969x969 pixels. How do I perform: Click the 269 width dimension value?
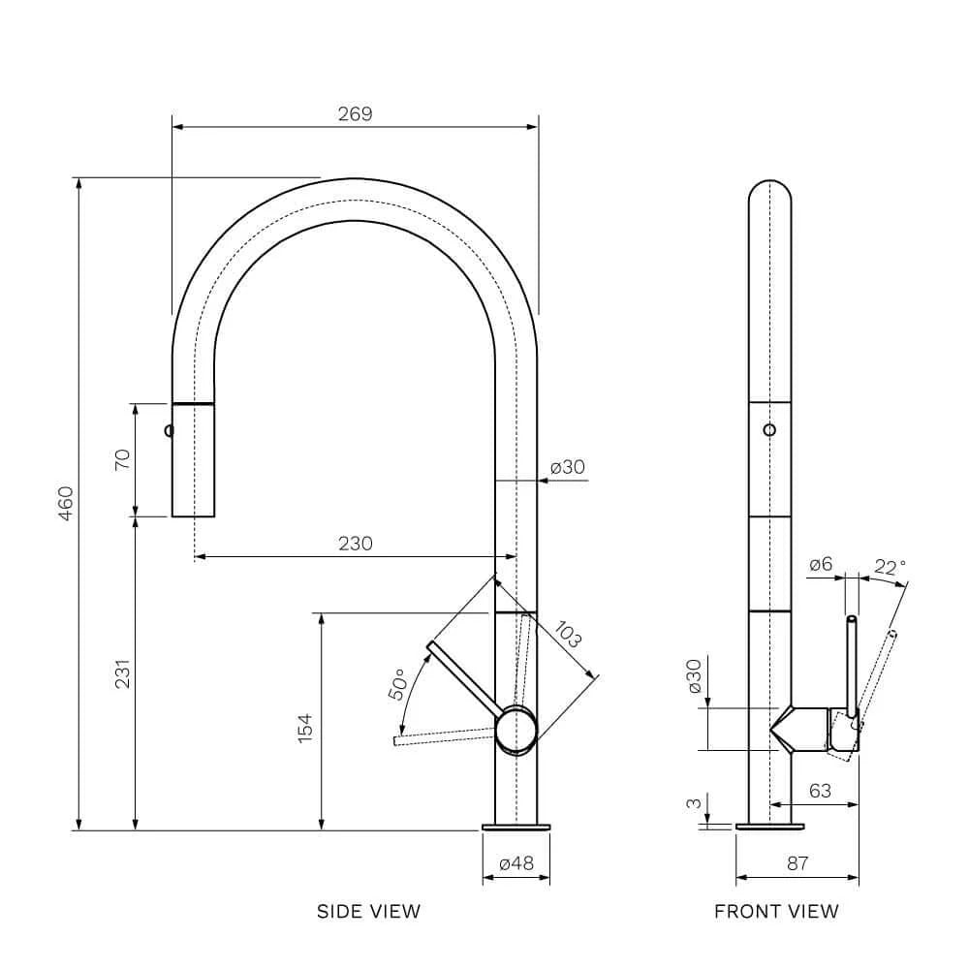[356, 113]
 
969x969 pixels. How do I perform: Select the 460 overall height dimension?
[66, 503]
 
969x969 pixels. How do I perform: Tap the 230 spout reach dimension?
[356, 544]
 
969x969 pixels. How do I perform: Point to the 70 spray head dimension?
[122, 459]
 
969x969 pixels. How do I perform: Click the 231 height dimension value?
[122, 673]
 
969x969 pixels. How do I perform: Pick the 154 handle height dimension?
[304, 728]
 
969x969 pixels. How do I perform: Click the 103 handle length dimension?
[567, 635]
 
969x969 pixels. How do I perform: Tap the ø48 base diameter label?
[516, 862]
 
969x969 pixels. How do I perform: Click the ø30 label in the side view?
[567, 467]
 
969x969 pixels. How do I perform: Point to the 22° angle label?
[890, 567]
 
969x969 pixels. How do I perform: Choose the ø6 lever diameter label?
[821, 564]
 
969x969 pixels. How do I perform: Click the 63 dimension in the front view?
[820, 791]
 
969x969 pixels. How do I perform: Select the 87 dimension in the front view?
[797, 862]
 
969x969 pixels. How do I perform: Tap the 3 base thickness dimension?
[694, 803]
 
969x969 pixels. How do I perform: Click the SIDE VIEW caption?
[368, 911]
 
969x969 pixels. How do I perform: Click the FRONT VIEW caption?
[776, 911]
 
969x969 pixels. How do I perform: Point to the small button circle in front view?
[769, 429]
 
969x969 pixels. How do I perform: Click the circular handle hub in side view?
[516, 730]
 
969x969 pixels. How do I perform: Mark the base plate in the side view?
[516, 827]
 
